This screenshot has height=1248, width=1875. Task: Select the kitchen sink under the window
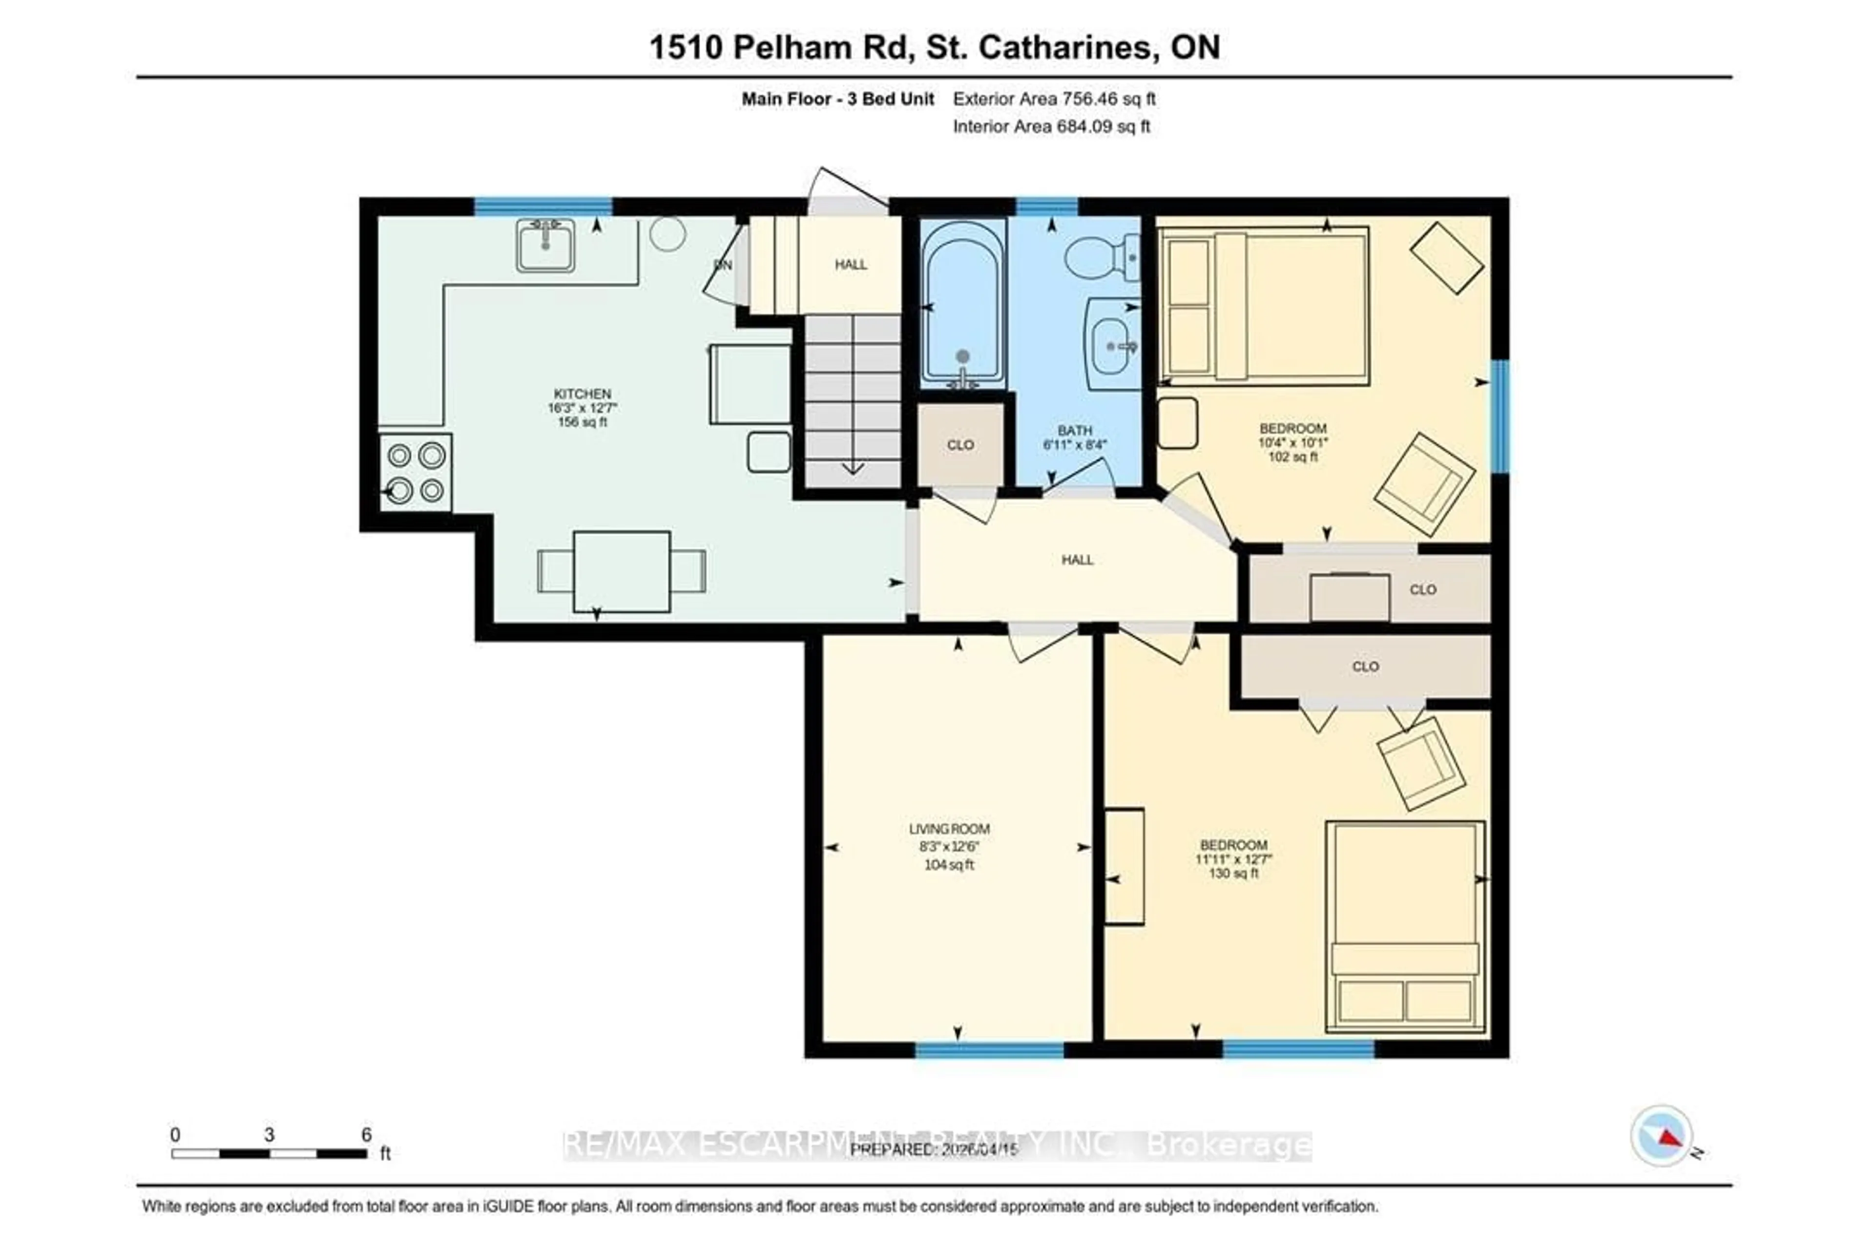point(545,245)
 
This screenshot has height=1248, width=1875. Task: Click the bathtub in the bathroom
point(962,305)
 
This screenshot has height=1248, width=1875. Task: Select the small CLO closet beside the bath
point(960,445)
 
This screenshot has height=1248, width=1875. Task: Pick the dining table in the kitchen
point(622,571)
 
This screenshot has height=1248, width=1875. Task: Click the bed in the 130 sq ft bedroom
point(1405,927)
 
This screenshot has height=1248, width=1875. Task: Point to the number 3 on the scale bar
point(269,1135)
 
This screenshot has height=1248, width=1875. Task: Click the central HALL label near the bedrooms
point(1077,560)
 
